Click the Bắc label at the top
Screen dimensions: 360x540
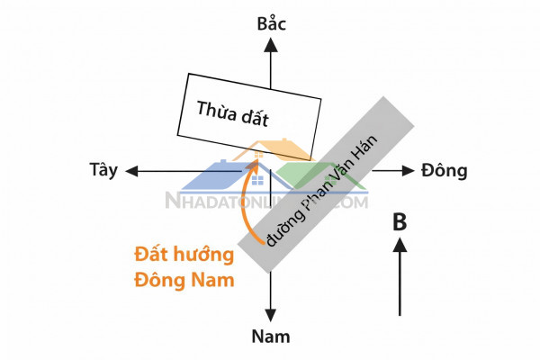tap(270, 24)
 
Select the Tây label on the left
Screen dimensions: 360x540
tap(104, 169)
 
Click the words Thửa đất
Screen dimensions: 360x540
tap(232, 115)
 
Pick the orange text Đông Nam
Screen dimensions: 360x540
tap(184, 280)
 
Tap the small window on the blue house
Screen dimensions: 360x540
tap(257, 179)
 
